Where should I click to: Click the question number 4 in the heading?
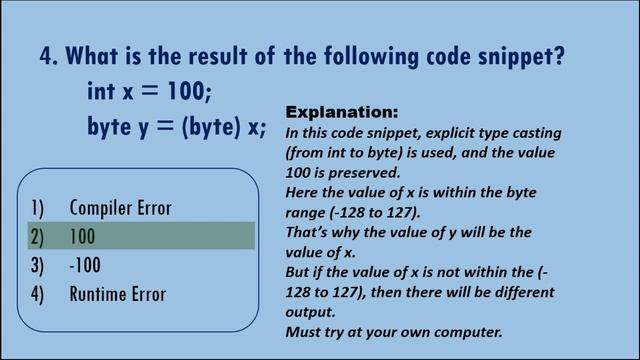47,56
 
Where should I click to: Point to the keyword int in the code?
102,91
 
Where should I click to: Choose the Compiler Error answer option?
120,208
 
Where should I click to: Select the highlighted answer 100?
83,237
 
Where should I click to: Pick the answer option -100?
85,265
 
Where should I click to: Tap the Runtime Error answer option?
117,294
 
